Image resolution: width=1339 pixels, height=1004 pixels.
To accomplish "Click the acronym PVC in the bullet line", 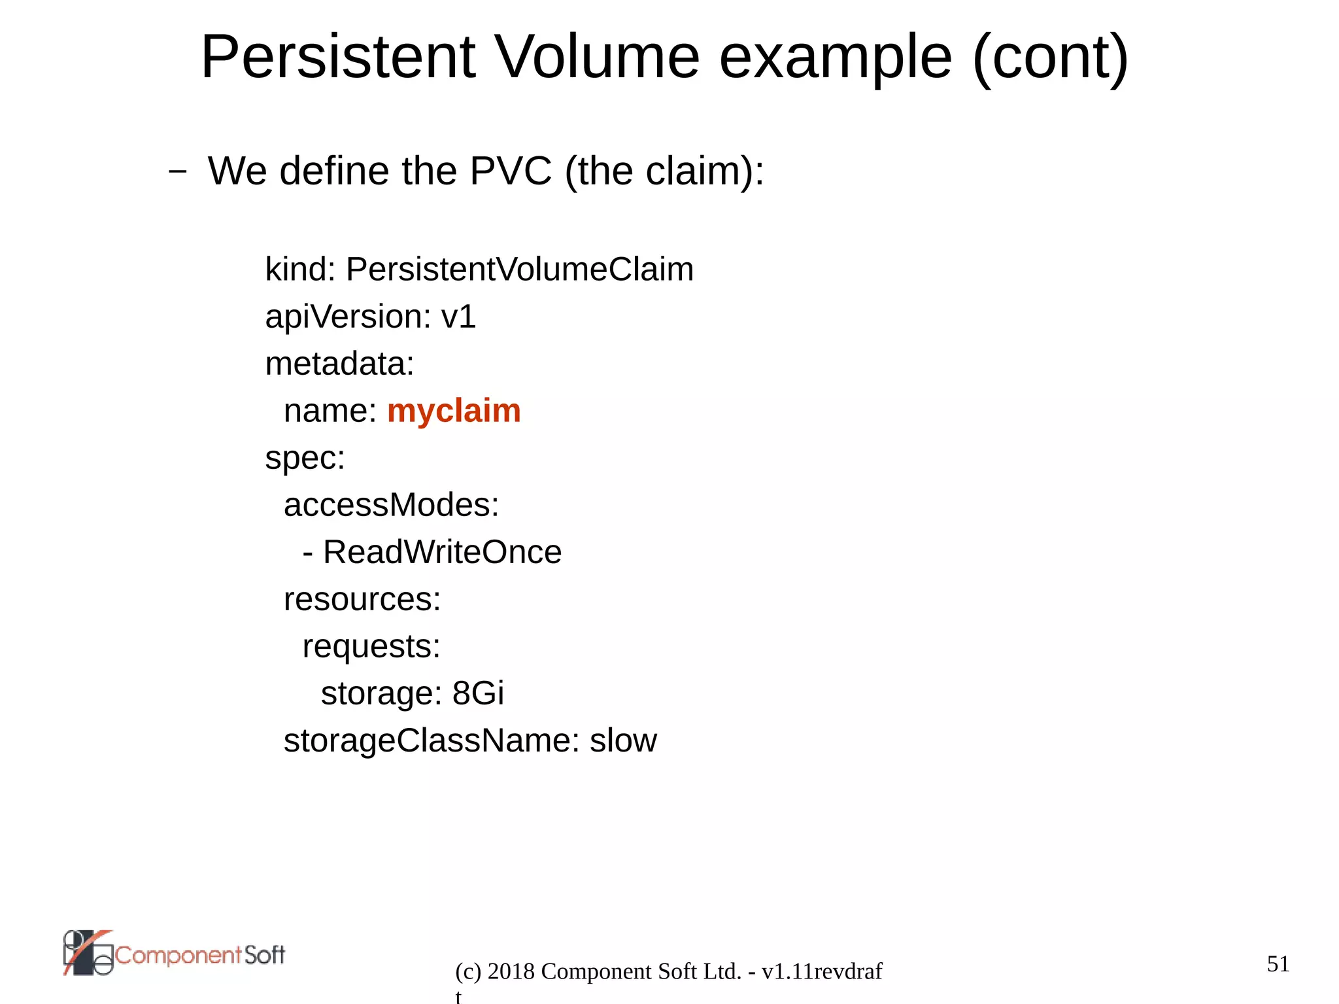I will tap(511, 171).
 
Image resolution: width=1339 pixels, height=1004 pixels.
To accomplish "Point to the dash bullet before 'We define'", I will tap(177, 172).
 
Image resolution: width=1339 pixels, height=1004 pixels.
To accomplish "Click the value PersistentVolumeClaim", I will tap(519, 269).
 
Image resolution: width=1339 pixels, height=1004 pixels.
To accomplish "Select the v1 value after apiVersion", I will tap(458, 317).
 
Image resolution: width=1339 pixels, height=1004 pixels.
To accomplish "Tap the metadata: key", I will tap(339, 364).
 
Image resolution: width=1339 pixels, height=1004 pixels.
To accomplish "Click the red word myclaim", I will tap(454, 411).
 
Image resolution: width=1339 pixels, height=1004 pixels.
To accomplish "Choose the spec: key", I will tap(305, 458).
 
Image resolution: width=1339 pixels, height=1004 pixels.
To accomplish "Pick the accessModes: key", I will tap(391, 505).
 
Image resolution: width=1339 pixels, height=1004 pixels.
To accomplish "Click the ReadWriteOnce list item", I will tap(442, 552).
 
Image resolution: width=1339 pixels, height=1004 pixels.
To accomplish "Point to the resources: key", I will tap(362, 599).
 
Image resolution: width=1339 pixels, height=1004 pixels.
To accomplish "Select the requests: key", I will tap(371, 646).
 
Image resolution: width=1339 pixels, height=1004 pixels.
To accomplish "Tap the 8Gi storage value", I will tap(478, 693).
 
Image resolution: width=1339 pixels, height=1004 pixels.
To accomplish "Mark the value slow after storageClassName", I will tap(623, 741).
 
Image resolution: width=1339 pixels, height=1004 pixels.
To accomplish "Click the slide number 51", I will tap(1278, 963).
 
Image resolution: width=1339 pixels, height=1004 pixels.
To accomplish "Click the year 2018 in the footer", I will tap(511, 971).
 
